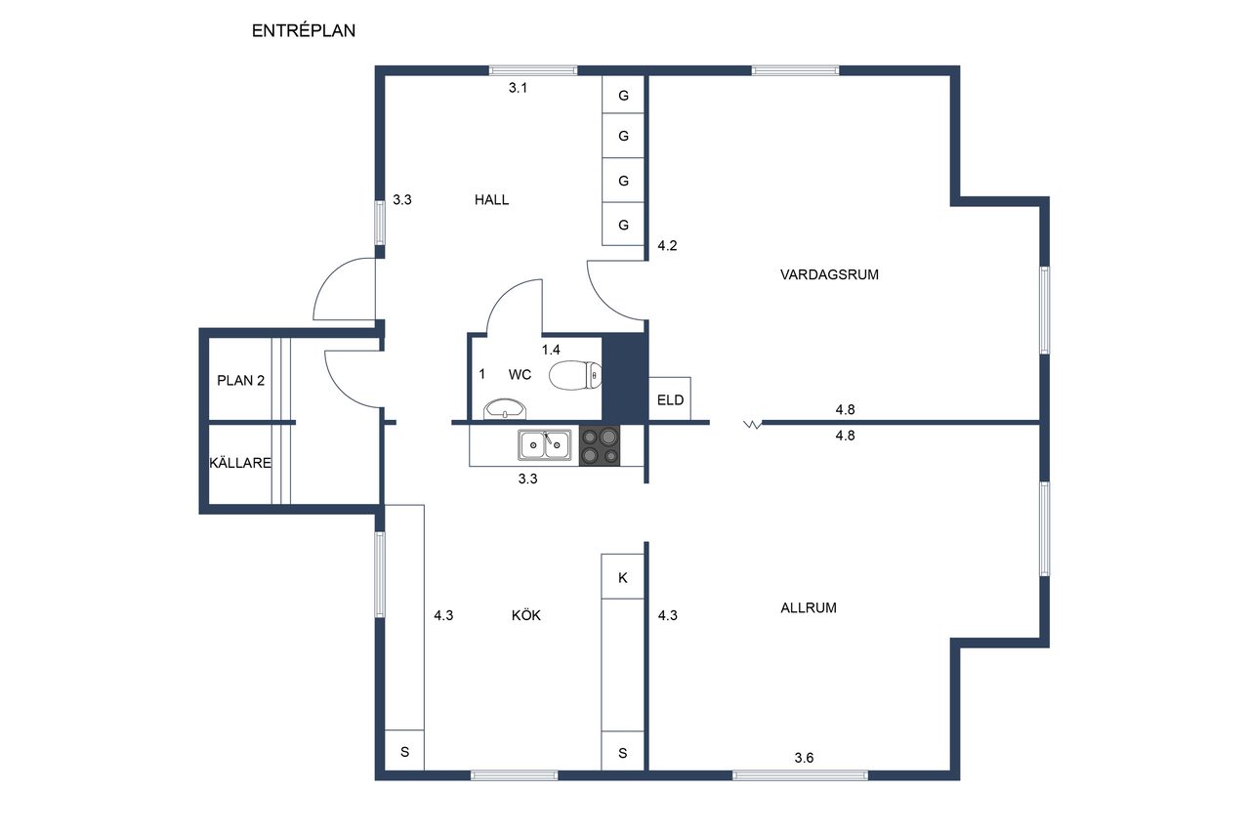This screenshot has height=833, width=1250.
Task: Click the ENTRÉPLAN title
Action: click(x=304, y=30)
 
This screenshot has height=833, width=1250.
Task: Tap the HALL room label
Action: click(x=491, y=200)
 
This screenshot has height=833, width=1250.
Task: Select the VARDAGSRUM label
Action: click(x=829, y=274)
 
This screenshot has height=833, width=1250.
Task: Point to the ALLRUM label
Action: click(x=809, y=607)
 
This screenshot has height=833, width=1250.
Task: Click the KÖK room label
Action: click(x=526, y=615)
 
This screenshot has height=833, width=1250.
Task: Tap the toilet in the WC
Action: click(x=575, y=376)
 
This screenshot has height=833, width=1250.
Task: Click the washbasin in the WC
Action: click(x=505, y=408)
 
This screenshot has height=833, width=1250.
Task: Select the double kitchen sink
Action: click(x=545, y=445)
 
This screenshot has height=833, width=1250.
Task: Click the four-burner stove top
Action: click(x=600, y=445)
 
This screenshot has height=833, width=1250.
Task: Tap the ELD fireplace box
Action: click(x=670, y=398)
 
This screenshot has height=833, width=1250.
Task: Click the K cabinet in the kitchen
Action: click(x=623, y=576)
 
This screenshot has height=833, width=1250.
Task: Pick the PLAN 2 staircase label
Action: click(x=240, y=381)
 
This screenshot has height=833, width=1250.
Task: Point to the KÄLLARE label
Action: click(x=240, y=463)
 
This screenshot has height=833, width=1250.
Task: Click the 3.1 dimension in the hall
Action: click(x=518, y=88)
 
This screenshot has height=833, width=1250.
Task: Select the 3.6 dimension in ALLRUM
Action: click(x=804, y=758)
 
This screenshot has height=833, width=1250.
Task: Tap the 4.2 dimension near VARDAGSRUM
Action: click(x=667, y=245)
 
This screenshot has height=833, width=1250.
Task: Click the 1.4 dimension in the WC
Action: click(x=551, y=350)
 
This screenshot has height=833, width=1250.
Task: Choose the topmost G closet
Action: click(x=623, y=95)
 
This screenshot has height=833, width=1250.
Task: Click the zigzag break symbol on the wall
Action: click(x=753, y=425)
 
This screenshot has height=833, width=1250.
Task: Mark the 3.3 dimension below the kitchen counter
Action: click(x=528, y=479)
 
